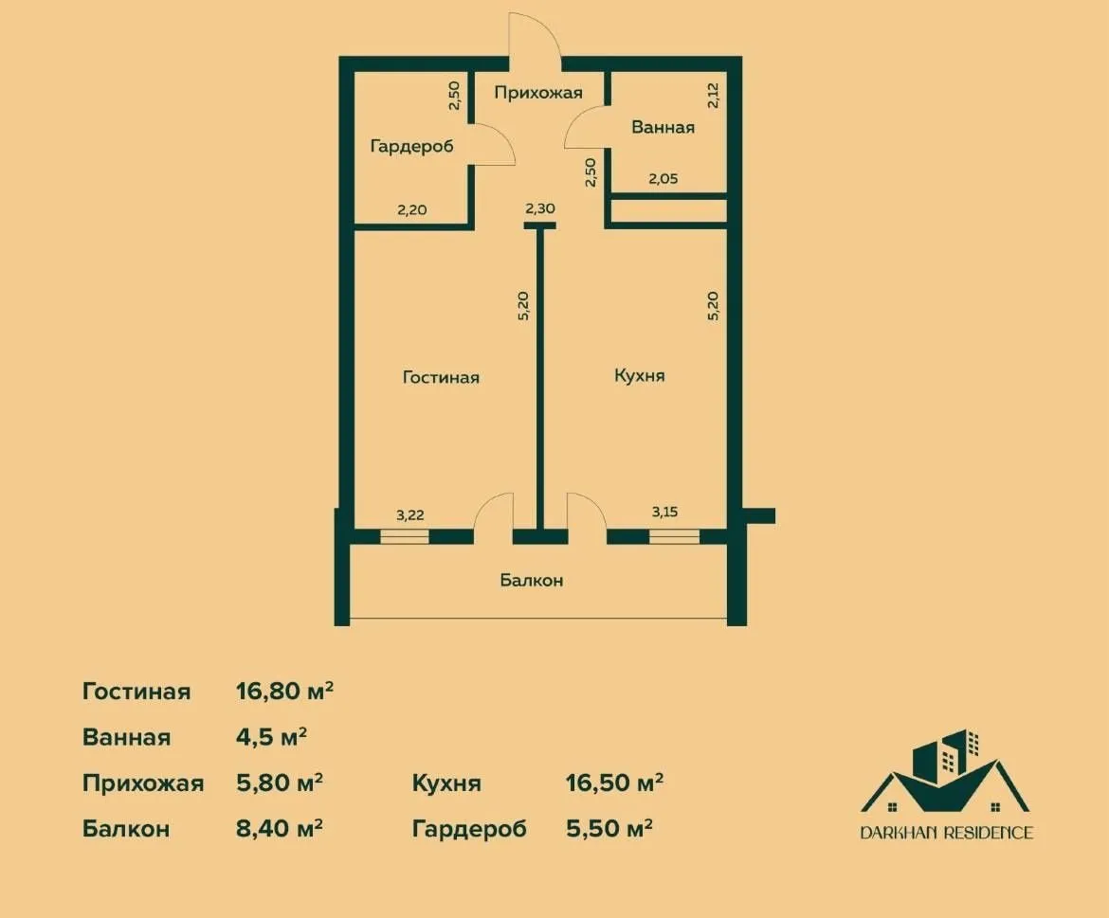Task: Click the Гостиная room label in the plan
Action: [441, 377]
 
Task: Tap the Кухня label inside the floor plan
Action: [639, 375]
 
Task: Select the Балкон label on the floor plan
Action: [532, 580]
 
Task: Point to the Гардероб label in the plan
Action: [411, 146]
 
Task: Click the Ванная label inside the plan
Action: [664, 127]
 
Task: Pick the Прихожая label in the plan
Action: [537, 93]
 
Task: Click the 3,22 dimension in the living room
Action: [409, 515]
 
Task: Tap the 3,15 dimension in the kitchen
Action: [664, 513]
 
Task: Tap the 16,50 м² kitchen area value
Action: [613, 783]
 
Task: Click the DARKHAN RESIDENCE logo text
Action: [946, 833]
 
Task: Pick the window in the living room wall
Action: [405, 536]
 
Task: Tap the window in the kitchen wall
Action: [674, 536]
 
